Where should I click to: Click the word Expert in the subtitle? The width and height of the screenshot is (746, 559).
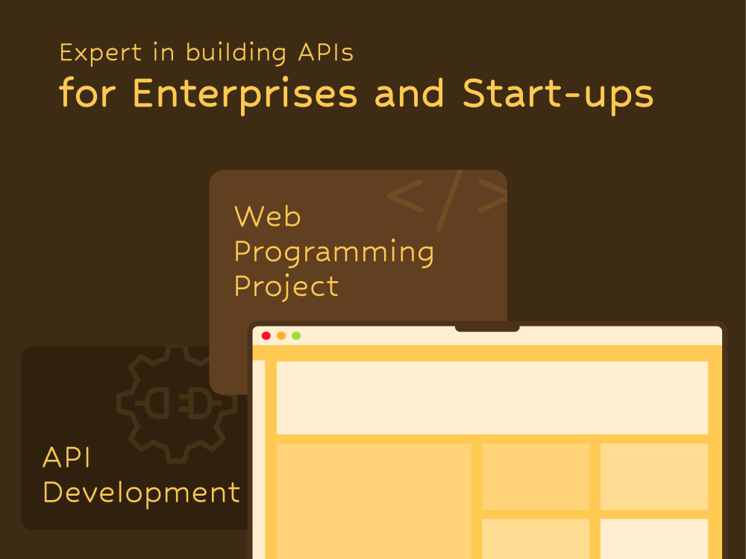90,53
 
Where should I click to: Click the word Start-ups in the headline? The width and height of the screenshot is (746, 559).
557,95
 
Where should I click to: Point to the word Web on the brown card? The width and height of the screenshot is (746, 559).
267,217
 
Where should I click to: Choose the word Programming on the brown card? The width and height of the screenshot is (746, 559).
333,253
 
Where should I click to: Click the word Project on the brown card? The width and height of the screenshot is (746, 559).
286,287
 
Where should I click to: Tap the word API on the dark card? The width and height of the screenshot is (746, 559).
66,458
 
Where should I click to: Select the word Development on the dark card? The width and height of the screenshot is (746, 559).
142,493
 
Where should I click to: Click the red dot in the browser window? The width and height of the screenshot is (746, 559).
266,335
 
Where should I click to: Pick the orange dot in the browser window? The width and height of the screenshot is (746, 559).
281,335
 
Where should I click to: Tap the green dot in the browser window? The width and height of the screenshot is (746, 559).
296,335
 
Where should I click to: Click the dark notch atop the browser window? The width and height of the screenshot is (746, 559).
487,328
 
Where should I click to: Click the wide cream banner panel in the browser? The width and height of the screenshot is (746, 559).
492,397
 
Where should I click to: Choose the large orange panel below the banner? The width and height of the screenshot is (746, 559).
374,500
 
